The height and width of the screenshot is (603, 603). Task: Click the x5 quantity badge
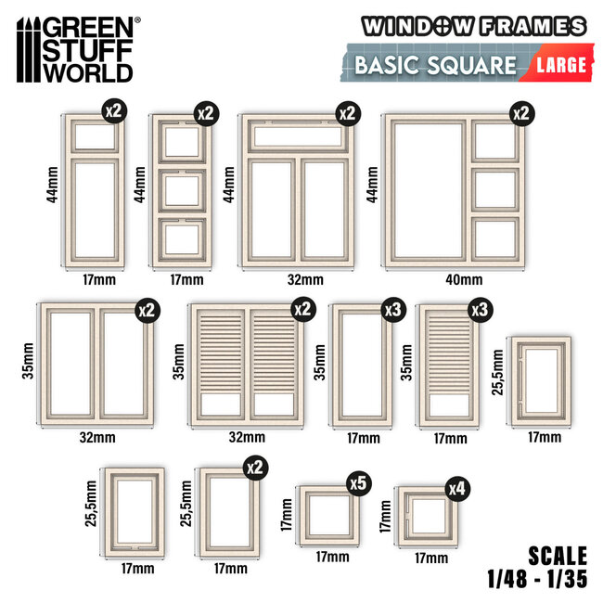(x=359, y=483)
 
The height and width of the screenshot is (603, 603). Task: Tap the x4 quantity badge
(x=457, y=489)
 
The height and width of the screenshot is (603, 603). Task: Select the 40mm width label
(x=464, y=279)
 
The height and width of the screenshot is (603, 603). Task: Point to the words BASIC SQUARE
(x=435, y=65)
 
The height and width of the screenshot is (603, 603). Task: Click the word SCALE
(x=558, y=556)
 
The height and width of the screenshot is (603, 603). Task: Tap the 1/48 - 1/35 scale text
(x=537, y=579)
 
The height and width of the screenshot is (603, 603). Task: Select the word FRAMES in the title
(x=533, y=27)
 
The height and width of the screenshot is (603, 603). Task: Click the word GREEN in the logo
(x=88, y=27)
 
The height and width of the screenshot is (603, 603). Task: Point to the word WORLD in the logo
(x=88, y=72)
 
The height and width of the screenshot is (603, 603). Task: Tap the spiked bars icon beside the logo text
(x=29, y=49)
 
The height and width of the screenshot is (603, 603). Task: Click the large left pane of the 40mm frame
(x=428, y=190)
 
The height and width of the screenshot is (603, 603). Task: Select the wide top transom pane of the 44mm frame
(x=297, y=136)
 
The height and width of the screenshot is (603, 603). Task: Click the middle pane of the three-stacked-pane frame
(x=182, y=191)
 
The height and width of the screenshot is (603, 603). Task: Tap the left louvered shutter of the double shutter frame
(x=221, y=366)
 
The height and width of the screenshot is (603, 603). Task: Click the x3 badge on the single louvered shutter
(x=481, y=310)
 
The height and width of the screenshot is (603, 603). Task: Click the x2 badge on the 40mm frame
(x=522, y=114)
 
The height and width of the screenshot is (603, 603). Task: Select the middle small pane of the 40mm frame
(x=495, y=190)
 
